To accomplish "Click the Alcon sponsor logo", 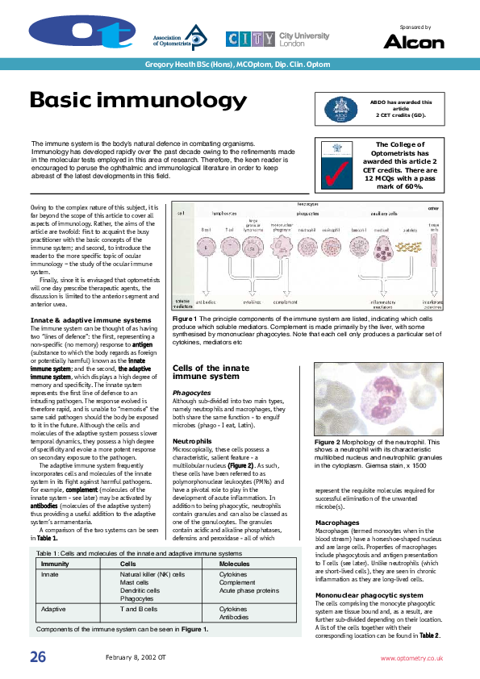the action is [x=413, y=41].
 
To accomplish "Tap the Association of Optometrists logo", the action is [x=180, y=37].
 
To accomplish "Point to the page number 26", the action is [x=38, y=657].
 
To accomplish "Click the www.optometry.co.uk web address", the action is [x=411, y=658].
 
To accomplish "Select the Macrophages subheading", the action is [x=337, y=523].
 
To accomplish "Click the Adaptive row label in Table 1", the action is [x=53, y=610].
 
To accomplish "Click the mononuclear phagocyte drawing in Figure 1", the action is [x=280, y=243].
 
